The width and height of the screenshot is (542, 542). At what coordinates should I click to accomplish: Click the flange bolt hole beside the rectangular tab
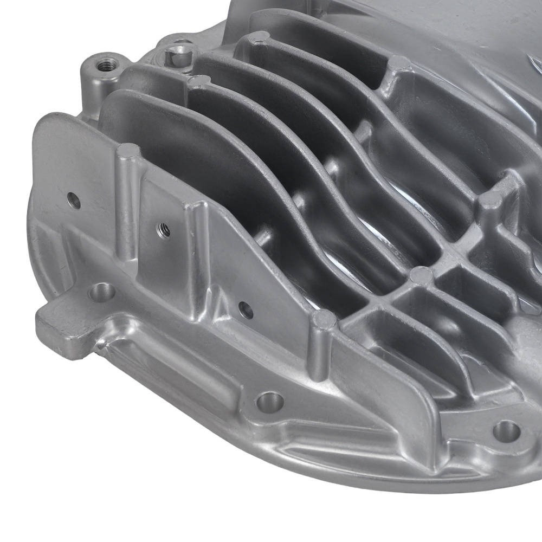101,293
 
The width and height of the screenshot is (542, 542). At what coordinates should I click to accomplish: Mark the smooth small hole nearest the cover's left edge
74,201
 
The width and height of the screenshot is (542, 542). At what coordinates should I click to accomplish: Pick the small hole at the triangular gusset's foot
246,310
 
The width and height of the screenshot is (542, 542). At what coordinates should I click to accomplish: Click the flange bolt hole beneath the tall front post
269,402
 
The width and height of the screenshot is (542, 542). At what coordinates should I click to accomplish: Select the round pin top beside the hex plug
199,81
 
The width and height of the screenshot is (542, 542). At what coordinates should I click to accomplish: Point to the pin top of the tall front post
325,319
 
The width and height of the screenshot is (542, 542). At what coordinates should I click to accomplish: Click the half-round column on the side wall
127,206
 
